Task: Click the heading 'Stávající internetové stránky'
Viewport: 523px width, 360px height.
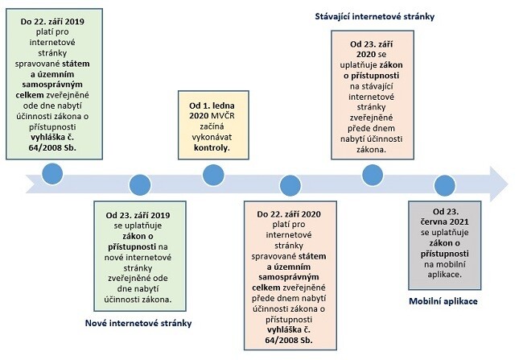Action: [375, 16]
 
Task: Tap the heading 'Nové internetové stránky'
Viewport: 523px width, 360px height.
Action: [138, 323]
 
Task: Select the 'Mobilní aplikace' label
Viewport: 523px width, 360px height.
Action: [443, 301]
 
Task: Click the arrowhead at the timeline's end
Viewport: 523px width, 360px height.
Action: [499, 184]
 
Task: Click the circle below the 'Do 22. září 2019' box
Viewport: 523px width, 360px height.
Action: [52, 174]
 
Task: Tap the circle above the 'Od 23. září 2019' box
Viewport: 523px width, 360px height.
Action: [140, 184]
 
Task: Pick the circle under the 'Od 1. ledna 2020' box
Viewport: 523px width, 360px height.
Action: [213, 175]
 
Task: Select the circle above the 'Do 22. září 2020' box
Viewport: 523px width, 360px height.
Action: [290, 185]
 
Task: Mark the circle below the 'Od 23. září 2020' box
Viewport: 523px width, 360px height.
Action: [373, 175]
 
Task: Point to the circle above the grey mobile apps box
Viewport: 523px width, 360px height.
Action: [445, 185]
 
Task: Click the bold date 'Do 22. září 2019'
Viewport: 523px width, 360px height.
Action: [52, 22]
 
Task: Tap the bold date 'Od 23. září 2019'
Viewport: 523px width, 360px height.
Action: [138, 215]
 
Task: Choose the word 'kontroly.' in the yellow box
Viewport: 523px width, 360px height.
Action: [212, 147]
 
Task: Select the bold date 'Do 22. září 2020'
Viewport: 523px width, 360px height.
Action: [289, 214]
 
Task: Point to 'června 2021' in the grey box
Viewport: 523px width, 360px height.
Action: [445, 221]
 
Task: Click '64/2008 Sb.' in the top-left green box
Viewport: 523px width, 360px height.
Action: [52, 147]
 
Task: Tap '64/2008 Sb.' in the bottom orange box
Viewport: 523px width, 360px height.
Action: [289, 341]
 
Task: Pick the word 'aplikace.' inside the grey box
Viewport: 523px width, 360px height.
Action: [445, 275]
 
